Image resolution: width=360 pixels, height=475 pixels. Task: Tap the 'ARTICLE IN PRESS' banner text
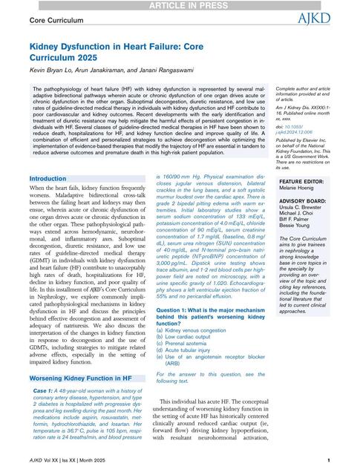click(179, 5)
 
